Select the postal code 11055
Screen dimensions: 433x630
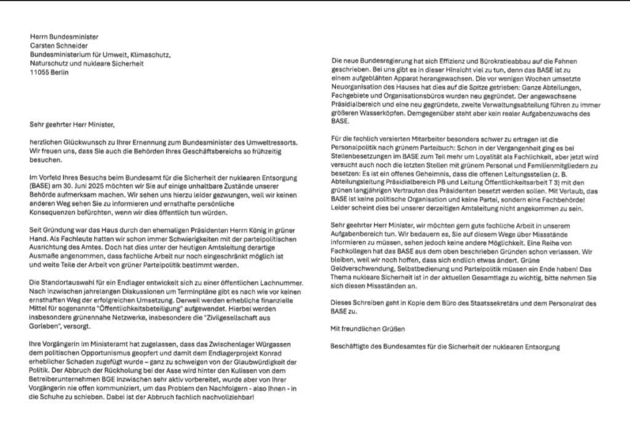[41, 71]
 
